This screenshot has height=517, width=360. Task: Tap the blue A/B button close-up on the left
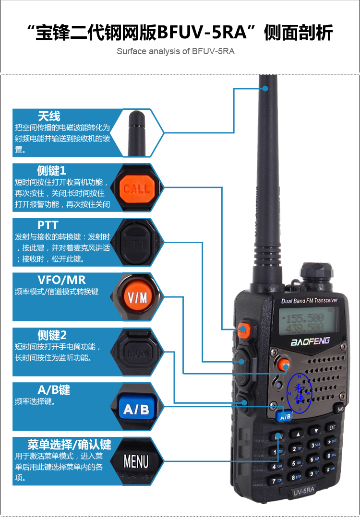coord(136,409)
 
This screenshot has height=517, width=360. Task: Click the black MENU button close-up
coord(136,461)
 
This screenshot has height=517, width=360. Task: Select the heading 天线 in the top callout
coord(49,116)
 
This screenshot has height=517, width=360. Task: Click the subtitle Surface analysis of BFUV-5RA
coord(176,51)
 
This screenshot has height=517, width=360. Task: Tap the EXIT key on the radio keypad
coord(331,427)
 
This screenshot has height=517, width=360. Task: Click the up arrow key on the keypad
coord(299,434)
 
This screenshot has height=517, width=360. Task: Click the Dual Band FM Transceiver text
coord(309,300)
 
